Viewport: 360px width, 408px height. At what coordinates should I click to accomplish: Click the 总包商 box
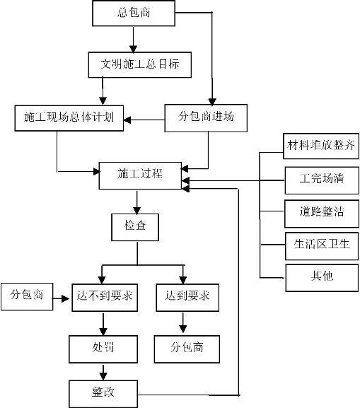(x=134, y=13)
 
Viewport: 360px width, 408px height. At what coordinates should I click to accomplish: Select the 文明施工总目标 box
(x=140, y=64)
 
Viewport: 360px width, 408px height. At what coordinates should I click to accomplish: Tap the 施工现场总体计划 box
(x=69, y=118)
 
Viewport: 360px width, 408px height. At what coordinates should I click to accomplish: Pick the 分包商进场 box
(x=206, y=118)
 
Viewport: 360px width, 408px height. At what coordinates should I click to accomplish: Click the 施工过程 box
(x=140, y=175)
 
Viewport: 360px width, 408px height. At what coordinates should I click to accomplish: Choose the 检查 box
(x=135, y=227)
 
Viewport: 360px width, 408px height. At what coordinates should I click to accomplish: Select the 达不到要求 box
(x=105, y=298)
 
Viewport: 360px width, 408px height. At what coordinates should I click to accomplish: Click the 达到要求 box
(x=187, y=298)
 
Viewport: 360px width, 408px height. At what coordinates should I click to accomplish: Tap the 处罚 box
(x=103, y=349)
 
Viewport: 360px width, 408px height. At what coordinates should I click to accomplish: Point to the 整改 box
(x=103, y=394)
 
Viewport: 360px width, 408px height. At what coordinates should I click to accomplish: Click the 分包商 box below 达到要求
(x=187, y=349)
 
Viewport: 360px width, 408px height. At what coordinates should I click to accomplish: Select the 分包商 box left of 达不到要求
(x=27, y=297)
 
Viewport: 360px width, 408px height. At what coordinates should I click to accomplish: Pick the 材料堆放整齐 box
(x=321, y=146)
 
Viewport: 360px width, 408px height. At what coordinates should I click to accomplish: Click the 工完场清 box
(x=322, y=180)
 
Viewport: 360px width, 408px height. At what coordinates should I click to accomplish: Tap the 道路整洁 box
(x=322, y=214)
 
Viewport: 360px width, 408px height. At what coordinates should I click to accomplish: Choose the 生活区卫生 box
(x=322, y=246)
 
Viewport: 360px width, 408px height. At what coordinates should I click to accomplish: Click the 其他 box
(x=322, y=278)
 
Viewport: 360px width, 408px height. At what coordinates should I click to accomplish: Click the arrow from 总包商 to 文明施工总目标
(x=133, y=40)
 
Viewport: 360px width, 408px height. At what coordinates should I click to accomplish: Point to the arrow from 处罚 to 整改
(x=103, y=372)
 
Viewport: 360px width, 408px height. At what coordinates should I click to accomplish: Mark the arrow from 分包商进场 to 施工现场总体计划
(x=144, y=120)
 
